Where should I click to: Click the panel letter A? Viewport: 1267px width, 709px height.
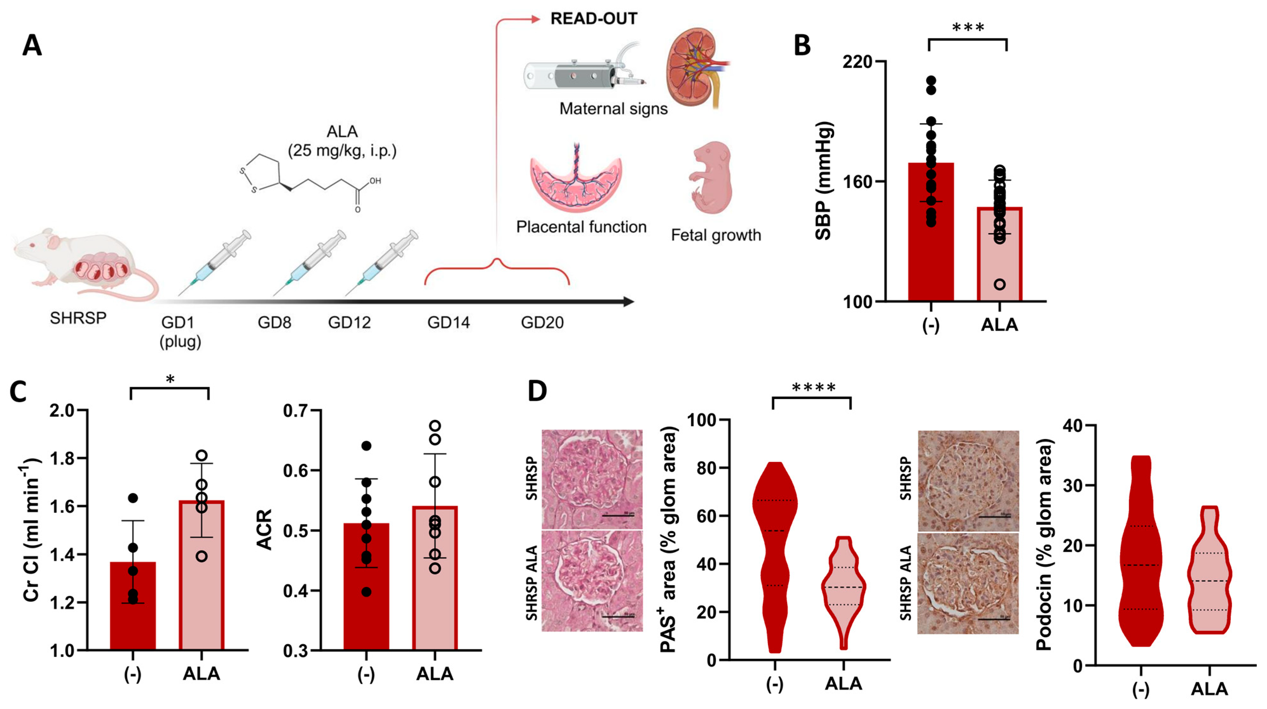point(32,46)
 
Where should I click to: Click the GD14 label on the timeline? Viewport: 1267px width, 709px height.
point(448,322)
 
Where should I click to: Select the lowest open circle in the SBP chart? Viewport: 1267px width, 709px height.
point(999,284)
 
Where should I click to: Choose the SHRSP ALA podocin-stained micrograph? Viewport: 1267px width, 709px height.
point(968,583)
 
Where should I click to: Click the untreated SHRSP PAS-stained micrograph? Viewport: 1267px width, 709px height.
point(592,479)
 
